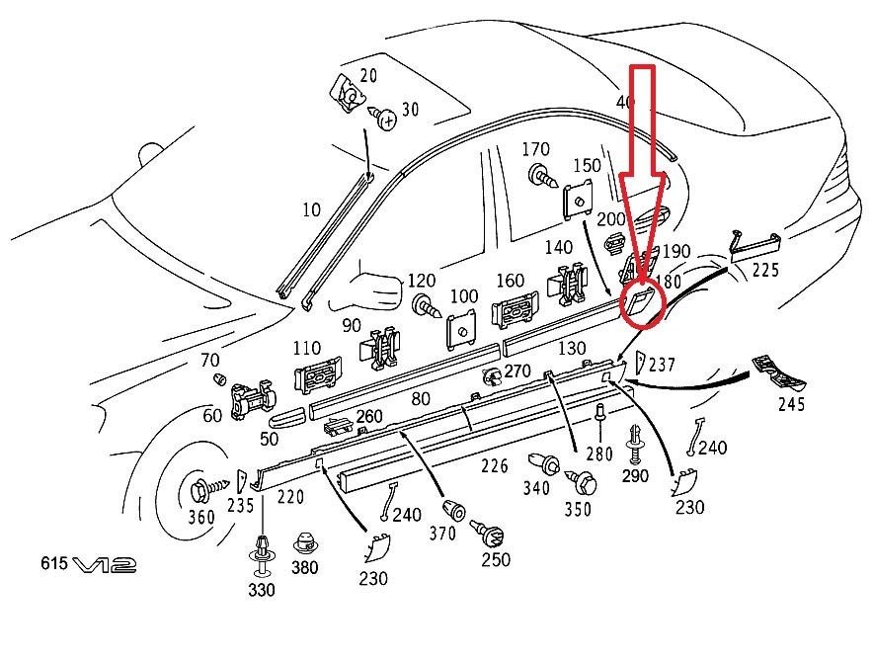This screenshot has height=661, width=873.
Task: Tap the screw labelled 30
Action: pyautogui.click(x=387, y=120)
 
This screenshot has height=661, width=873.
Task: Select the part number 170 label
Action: pyautogui.click(x=535, y=150)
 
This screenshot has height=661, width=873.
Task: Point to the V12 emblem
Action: pyautogui.click(x=104, y=564)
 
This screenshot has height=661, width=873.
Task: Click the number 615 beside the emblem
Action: pyautogui.click(x=54, y=563)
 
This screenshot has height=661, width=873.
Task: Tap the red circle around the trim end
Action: pyautogui.click(x=640, y=302)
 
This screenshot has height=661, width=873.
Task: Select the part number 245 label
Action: pyautogui.click(x=791, y=403)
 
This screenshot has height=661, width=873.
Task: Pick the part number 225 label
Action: pyautogui.click(x=764, y=270)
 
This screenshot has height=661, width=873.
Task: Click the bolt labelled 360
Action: pyautogui.click(x=203, y=488)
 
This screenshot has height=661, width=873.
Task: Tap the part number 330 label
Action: pyautogui.click(x=263, y=591)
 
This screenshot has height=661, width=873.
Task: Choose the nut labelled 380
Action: pyautogui.click(x=305, y=542)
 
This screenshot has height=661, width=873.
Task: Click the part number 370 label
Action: pyautogui.click(x=442, y=534)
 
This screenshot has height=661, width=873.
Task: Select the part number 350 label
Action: pyautogui.click(x=578, y=509)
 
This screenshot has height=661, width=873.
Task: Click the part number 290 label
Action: pyautogui.click(x=635, y=476)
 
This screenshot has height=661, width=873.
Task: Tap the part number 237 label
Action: pyautogui.click(x=662, y=366)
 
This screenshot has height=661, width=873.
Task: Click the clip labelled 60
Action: pyautogui.click(x=250, y=401)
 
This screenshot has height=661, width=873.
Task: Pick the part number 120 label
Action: pyautogui.click(x=422, y=281)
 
